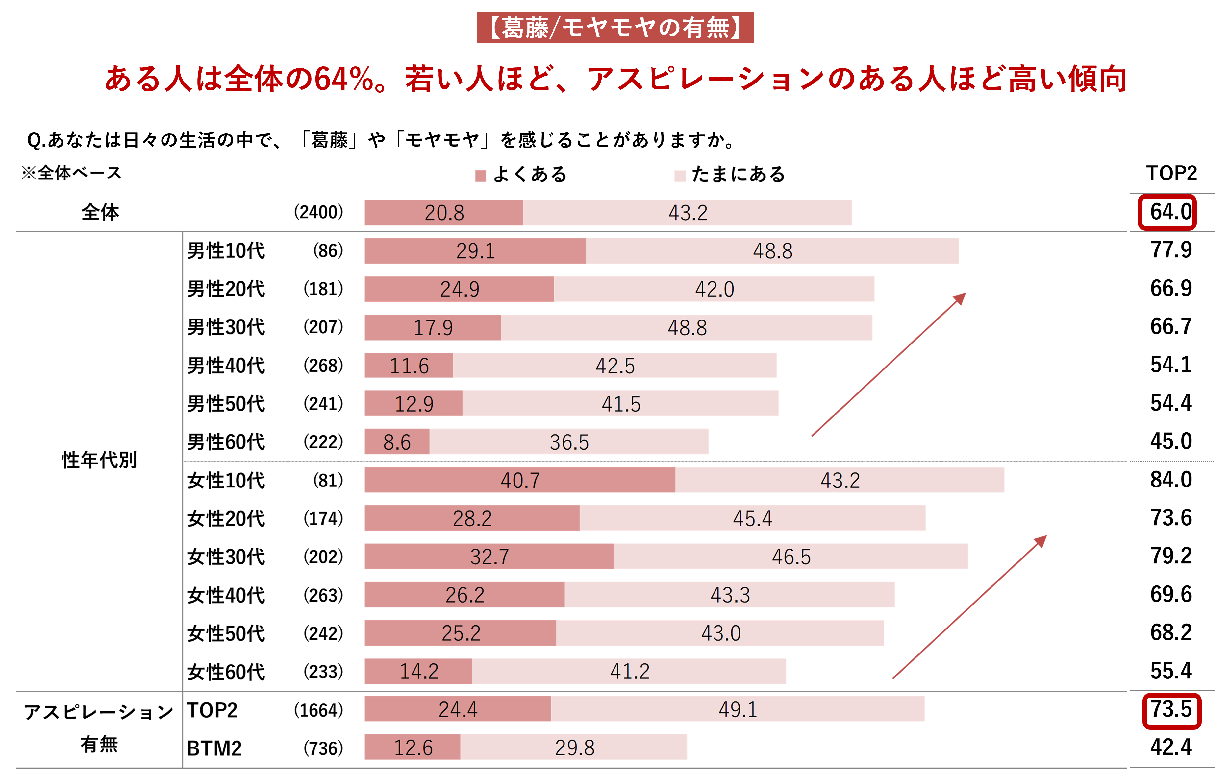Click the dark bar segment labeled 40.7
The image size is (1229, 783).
pyautogui.click(x=519, y=480)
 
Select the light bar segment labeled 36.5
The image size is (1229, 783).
pyautogui.click(x=568, y=442)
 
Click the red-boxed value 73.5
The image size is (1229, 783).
pyautogui.click(x=1171, y=710)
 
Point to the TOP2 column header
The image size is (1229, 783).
pyautogui.click(x=1171, y=174)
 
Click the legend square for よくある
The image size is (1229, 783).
pyautogui.click(x=480, y=176)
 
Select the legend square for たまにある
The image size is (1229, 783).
pyautogui.click(x=679, y=176)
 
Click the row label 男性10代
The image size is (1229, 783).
pyautogui.click(x=226, y=251)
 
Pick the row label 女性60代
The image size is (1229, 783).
pyautogui.click(x=226, y=672)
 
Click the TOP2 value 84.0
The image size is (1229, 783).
pyautogui.click(x=1171, y=480)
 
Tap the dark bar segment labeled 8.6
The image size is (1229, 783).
pyautogui.click(x=397, y=442)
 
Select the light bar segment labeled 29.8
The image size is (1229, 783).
pyautogui.click(x=574, y=748)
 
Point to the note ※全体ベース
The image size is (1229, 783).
pyautogui.click(x=71, y=173)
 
